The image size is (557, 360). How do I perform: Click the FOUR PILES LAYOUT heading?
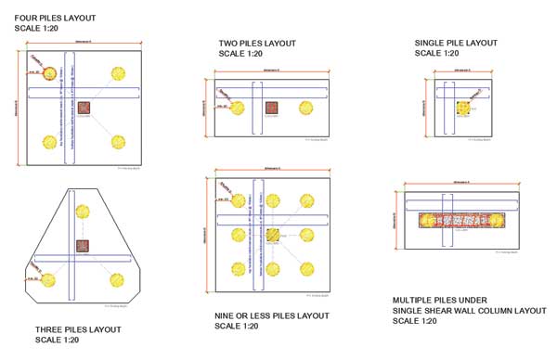point(55,18)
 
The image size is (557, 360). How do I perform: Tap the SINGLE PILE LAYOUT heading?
point(456,43)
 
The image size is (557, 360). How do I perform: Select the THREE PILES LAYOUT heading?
point(78,329)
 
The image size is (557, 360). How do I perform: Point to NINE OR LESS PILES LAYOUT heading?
point(272,315)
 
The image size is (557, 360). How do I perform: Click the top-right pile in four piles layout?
point(118,74)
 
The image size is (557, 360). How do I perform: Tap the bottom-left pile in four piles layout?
point(49,142)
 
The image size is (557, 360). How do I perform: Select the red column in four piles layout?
point(84,108)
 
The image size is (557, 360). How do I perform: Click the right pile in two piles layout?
point(305,108)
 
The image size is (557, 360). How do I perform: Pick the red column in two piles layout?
point(271,108)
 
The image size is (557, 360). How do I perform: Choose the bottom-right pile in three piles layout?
point(117,279)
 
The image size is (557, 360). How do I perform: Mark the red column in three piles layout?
point(84,246)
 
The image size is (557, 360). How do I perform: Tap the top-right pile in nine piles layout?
point(305,200)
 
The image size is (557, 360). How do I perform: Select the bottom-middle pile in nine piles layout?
point(272,269)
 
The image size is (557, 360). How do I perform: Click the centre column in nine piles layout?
point(272,236)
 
